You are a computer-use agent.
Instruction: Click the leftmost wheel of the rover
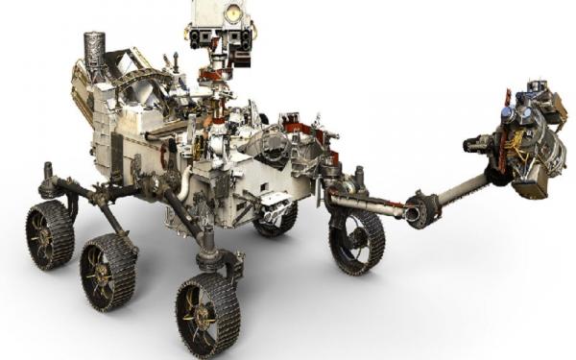(x=50, y=234)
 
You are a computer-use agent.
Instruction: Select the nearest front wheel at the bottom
(x=206, y=313)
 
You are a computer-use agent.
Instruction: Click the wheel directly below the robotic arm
(x=356, y=241)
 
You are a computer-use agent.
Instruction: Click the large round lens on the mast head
(x=232, y=12)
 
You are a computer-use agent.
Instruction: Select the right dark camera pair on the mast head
(x=242, y=39)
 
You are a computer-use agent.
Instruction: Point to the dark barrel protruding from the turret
(x=477, y=146)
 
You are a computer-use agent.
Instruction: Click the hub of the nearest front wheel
(x=205, y=315)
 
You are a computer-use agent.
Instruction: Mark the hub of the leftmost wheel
(x=48, y=235)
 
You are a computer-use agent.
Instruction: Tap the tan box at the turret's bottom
(x=530, y=184)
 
